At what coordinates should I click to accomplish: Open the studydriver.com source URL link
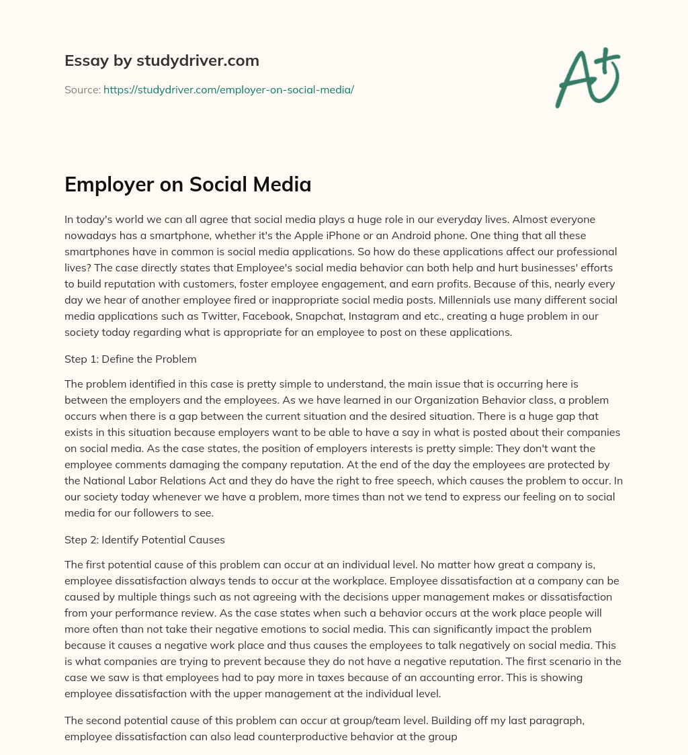(x=228, y=89)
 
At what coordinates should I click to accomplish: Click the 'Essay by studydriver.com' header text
(x=161, y=60)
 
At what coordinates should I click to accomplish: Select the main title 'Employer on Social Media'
(x=187, y=185)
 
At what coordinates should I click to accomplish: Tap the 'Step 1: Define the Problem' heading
(x=130, y=359)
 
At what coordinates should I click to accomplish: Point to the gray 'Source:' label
(x=82, y=89)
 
